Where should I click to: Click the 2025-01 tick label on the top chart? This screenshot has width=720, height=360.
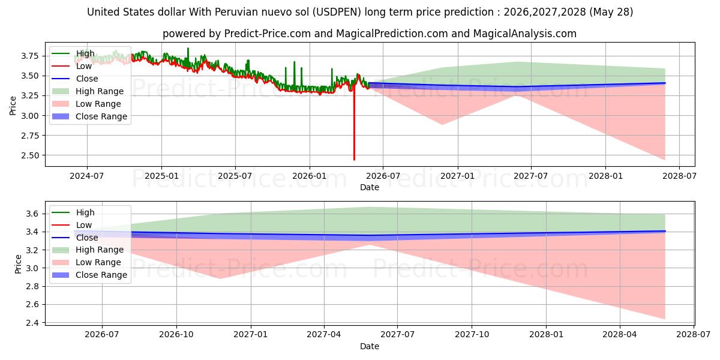coord(161,176)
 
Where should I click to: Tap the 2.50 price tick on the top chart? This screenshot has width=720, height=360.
coord(30,155)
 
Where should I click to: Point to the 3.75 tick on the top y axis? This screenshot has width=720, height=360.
coord(30,56)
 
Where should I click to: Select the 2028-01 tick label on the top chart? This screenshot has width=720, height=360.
coord(605,176)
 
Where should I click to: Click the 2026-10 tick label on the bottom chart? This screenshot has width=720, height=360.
coord(176,335)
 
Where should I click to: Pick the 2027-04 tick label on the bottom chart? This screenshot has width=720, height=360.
coord(324,335)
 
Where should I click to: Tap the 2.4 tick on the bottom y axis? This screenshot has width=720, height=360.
coord(32,323)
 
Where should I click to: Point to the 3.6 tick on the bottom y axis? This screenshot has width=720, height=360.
coord(32,214)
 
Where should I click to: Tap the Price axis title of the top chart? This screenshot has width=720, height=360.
coord(13,106)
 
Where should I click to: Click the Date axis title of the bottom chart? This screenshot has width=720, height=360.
coord(370,346)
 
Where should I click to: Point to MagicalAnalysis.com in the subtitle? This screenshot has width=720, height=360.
coord(525,34)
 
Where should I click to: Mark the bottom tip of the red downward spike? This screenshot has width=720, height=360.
coord(354,160)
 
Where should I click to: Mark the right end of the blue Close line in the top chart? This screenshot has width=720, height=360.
coord(665,83)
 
